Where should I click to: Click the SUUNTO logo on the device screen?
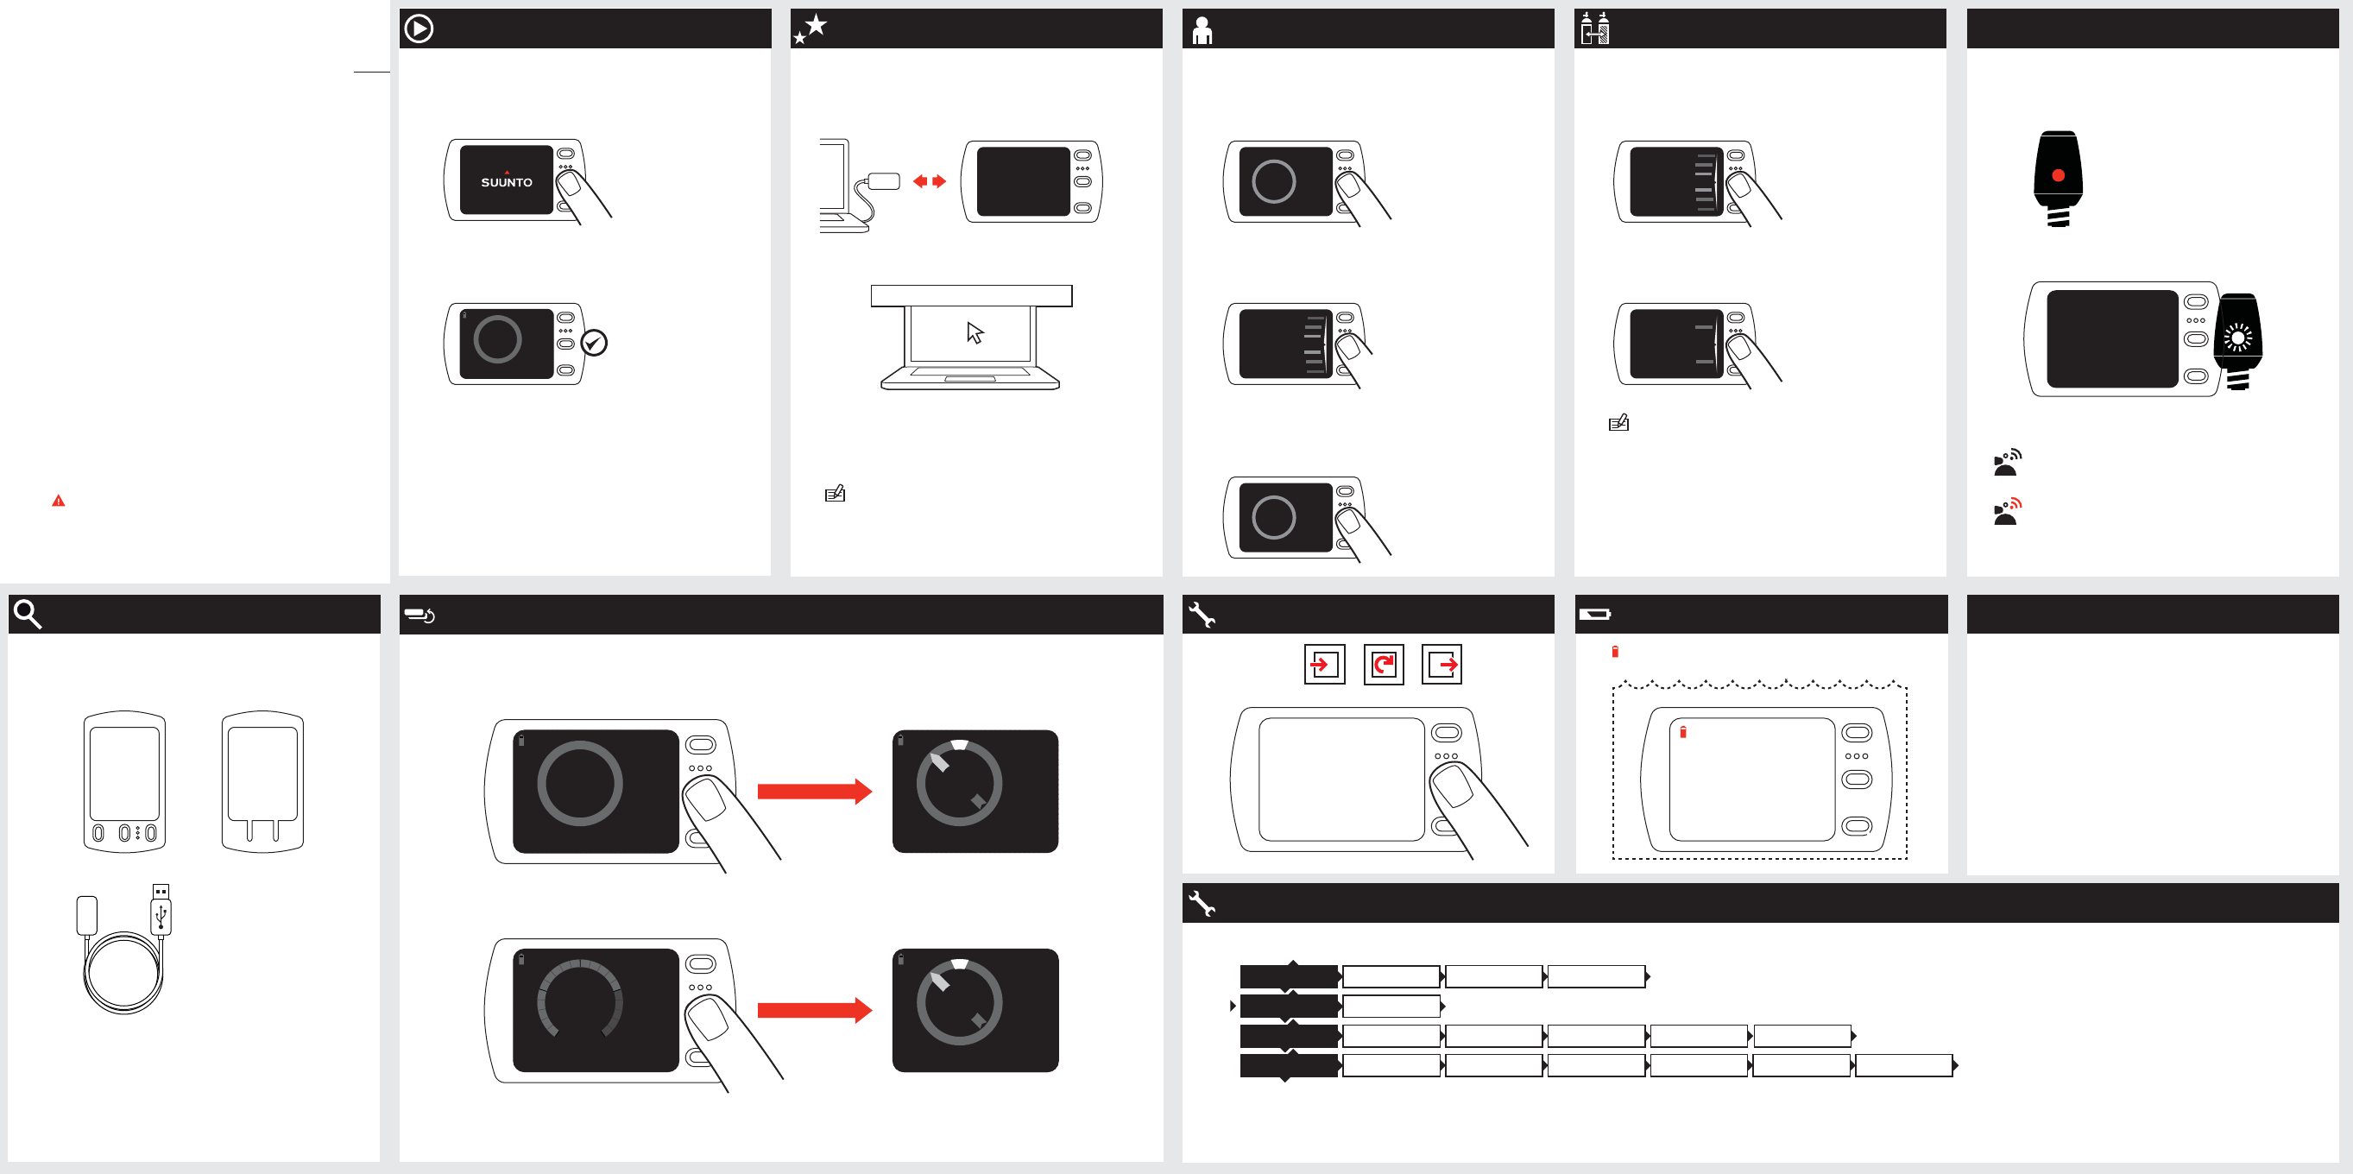(506, 182)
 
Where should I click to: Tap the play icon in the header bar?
(419, 28)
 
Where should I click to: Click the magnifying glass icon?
(28, 614)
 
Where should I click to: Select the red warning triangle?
(59, 501)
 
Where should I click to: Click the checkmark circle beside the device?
(594, 343)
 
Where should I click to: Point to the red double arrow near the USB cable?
(929, 181)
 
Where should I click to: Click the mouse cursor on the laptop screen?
(975, 332)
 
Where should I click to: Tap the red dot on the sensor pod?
(2058, 175)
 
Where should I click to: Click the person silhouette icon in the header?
(1202, 30)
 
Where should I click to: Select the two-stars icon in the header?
(811, 28)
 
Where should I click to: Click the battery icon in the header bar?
(1595, 614)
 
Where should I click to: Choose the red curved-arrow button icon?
(1384, 664)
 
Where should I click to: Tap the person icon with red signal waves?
(2007, 512)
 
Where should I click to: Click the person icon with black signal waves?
(2007, 463)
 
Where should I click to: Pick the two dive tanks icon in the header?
(1595, 28)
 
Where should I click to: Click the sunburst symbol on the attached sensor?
(2238, 338)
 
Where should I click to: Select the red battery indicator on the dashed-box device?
(1682, 732)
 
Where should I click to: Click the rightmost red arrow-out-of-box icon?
(1442, 664)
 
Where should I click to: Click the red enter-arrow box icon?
(1323, 664)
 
